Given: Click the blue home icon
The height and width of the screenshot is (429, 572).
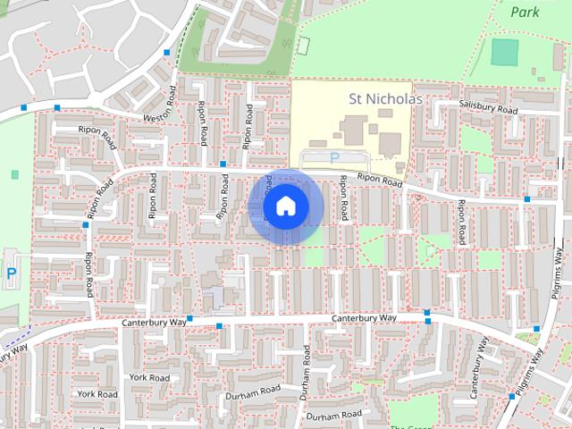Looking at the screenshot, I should tap(285, 206).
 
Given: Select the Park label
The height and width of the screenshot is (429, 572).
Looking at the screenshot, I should tap(526, 13).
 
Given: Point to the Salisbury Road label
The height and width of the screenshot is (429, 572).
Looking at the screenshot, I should tap(489, 108).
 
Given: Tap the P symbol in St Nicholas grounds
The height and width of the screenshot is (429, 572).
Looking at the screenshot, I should tap(334, 157).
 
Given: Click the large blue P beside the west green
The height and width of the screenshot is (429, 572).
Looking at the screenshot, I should tap(11, 273).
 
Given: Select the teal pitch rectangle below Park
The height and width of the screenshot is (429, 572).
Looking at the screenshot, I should tap(504, 53).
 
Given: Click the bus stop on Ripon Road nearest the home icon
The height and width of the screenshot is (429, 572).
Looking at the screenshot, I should tap(223, 164).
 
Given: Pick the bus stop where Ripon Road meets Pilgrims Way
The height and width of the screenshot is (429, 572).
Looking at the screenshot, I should tap(527, 199).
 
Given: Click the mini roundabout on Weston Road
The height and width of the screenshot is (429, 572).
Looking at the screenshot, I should tap(26, 108).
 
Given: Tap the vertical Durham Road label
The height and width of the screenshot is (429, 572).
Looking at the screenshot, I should tap(305, 380).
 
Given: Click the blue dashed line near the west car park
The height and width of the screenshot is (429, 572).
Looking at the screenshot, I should tap(13, 339).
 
